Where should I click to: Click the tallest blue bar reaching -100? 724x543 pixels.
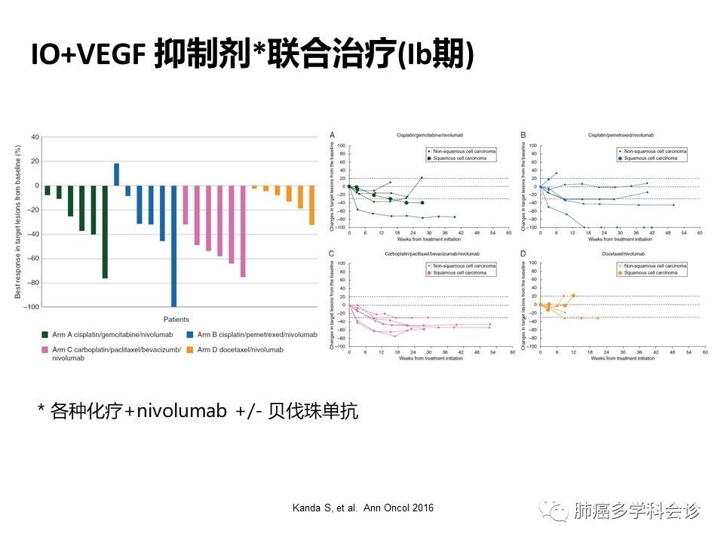coord(174,246)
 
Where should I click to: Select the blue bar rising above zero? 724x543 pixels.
coord(116,174)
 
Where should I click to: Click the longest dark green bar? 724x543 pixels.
coord(105,232)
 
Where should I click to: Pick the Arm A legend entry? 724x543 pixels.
coord(106,334)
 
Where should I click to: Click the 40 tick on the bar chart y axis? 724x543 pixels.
coord(33,137)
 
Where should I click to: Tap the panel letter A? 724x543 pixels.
coord(333,135)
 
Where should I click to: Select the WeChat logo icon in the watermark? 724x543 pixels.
coord(559,512)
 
